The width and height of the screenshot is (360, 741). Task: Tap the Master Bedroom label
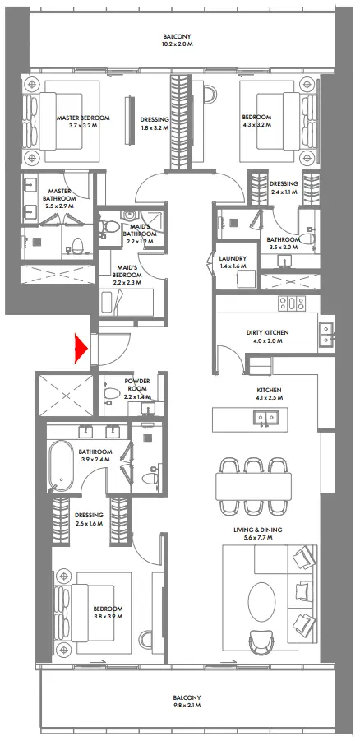(83, 118)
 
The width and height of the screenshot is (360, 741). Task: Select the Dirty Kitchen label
(265, 332)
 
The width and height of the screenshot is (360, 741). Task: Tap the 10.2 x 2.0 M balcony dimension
(177, 45)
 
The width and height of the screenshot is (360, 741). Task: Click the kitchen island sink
(265, 418)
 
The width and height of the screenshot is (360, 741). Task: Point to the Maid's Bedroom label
(127, 270)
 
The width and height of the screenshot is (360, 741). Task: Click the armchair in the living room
(261, 639)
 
